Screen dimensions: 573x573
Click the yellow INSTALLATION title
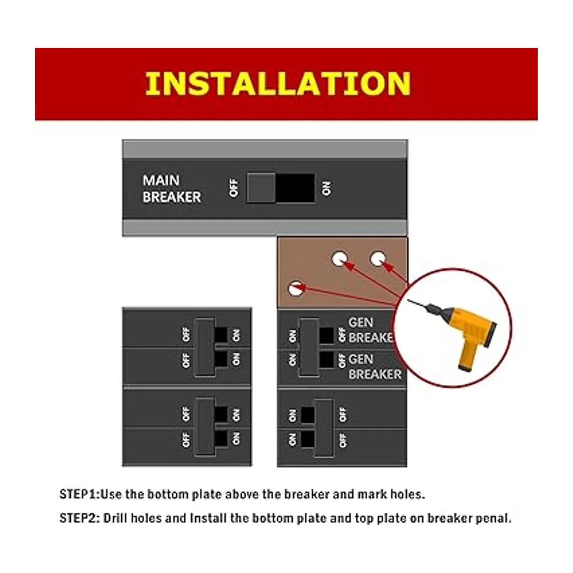pyautogui.click(x=278, y=84)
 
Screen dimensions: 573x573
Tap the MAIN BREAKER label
pyautogui.click(x=171, y=189)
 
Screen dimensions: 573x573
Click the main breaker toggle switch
pyautogui.click(x=280, y=189)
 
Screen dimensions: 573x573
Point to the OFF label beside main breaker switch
pyautogui.click(x=234, y=188)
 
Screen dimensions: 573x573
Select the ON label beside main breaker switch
pyautogui.click(x=326, y=188)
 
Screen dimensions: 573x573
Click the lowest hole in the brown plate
pyautogui.click(x=296, y=288)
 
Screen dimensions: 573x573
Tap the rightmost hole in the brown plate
pyautogui.click(x=378, y=259)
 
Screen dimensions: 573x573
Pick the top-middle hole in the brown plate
pyautogui.click(x=340, y=259)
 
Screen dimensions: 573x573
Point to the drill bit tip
pyautogui.click(x=408, y=300)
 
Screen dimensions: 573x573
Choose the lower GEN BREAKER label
pyautogui.click(x=375, y=367)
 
